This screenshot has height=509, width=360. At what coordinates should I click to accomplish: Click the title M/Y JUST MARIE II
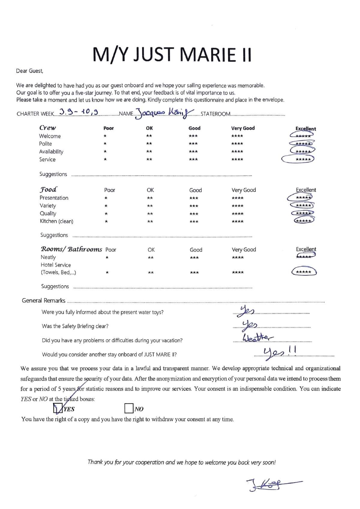tap(172, 55)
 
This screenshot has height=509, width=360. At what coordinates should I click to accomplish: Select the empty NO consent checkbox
tap(129, 408)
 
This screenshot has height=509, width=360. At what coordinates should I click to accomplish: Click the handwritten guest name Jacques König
tap(164, 113)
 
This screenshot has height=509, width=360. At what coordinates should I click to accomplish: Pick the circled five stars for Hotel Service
tap(304, 272)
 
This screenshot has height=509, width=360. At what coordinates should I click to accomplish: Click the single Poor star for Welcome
tap(105, 136)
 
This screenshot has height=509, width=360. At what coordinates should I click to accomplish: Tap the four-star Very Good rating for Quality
tap(237, 214)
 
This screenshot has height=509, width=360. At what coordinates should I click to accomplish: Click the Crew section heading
tap(47, 128)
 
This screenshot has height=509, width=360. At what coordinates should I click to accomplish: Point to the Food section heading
tap(48, 189)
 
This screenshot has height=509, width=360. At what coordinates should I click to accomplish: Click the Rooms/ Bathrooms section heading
tap(71, 249)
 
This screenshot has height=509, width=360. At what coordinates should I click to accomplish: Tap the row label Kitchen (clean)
tap(56, 221)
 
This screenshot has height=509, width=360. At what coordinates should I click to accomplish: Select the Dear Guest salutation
tap(30, 71)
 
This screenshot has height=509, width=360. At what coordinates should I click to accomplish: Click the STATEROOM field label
tap(215, 114)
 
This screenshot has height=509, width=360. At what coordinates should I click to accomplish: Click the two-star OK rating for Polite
tap(149, 144)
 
